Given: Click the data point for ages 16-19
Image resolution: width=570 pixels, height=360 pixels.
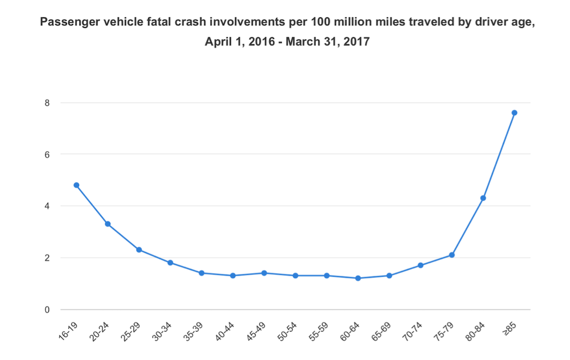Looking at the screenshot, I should (76, 185).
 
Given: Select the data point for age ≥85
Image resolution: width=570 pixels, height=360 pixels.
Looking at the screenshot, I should (514, 113).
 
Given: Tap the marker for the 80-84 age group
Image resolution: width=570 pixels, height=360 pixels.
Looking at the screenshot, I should (483, 198).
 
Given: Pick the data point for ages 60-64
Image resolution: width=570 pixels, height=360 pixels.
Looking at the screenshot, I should (358, 278).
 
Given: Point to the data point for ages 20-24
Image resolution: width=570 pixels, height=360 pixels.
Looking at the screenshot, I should (108, 224).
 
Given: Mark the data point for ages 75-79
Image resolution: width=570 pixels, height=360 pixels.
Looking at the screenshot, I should (452, 255).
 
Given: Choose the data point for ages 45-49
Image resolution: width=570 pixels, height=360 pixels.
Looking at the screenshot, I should (264, 273).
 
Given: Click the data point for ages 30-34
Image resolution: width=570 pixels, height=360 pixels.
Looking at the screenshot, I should (170, 263).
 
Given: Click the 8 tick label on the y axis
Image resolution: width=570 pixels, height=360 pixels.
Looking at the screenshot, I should (47, 103).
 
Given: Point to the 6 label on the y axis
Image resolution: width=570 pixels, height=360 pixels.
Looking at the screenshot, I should (47, 154).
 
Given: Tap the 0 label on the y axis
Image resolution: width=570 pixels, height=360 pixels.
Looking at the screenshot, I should (47, 310).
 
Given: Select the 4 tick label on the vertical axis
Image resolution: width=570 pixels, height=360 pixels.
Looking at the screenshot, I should (47, 206).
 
